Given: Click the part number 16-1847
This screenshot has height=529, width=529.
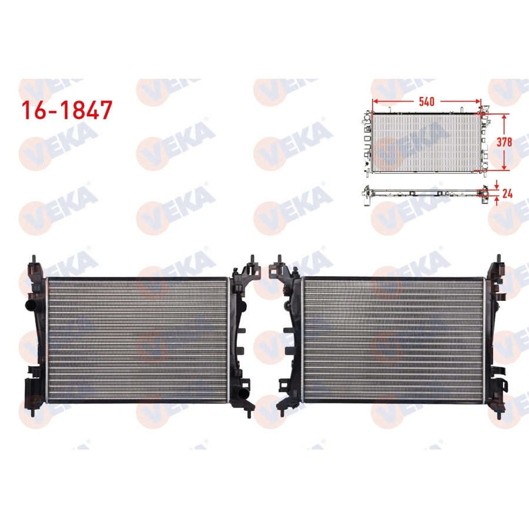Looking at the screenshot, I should pos(66,110).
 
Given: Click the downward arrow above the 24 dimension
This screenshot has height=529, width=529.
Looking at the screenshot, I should pos(497,183).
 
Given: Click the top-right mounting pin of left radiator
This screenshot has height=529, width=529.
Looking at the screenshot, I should pos(252,259).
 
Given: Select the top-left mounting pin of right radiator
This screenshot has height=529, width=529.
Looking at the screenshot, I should pos(280,259).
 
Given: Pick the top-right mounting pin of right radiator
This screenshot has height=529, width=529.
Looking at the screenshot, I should pos(498,259).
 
